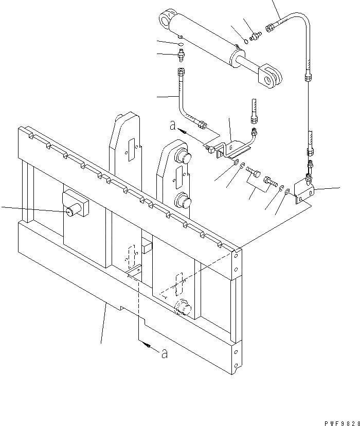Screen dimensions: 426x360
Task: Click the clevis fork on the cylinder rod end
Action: (269, 74)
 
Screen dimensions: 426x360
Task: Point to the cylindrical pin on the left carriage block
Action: (72, 210)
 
